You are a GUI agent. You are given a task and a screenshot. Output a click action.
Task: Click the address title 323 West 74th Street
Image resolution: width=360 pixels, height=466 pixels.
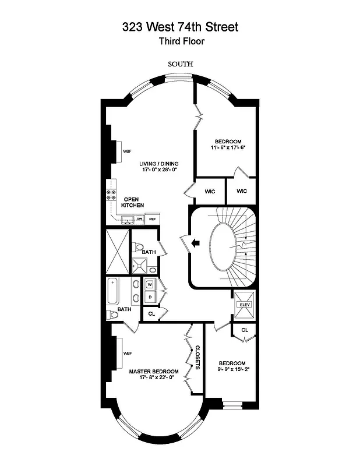180,27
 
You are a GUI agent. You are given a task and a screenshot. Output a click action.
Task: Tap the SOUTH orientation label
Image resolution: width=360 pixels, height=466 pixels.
180,64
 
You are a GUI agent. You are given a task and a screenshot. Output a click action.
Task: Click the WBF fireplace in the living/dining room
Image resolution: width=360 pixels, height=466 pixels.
126,151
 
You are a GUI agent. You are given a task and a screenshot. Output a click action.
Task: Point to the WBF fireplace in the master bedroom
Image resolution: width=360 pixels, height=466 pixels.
126,353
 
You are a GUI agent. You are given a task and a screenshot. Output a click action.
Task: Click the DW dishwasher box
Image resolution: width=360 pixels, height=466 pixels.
140,219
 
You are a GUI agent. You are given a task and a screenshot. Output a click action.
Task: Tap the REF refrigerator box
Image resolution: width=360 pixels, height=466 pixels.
152,219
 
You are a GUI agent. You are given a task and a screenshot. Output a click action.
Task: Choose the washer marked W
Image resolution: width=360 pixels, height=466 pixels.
150,285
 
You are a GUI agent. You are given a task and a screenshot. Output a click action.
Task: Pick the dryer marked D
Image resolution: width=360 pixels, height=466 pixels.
150,297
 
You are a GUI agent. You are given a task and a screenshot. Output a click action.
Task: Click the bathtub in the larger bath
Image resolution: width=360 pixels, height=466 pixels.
112,291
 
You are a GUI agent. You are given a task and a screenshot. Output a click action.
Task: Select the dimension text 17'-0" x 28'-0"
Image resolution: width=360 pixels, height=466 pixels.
158,170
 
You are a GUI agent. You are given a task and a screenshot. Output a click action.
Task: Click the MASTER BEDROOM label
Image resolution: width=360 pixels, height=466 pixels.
154,371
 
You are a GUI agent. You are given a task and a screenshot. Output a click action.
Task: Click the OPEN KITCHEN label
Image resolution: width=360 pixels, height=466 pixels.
133,202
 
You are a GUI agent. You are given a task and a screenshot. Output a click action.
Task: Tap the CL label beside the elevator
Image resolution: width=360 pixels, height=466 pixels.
245,330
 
